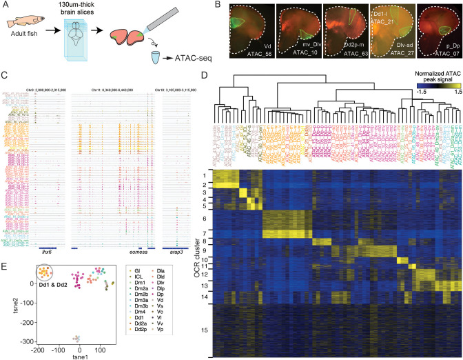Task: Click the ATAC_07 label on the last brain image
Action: tap(442, 61)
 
